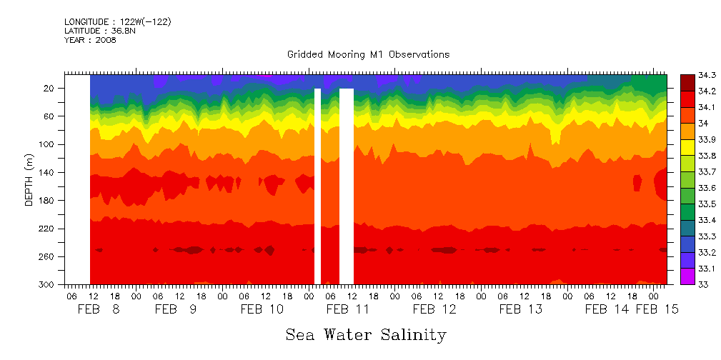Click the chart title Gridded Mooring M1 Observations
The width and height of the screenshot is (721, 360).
click(x=368, y=54)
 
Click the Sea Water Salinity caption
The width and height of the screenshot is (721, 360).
click(x=366, y=334)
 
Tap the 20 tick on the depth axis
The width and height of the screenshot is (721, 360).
click(x=50, y=89)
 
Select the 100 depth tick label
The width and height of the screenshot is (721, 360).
click(x=48, y=144)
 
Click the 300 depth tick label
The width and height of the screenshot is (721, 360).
click(x=48, y=284)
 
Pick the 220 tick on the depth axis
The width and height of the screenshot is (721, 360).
click(x=48, y=229)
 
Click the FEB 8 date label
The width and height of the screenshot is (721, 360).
click(x=99, y=309)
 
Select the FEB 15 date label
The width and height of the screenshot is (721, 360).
click(x=657, y=309)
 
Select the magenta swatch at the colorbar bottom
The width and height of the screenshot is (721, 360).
click(x=687, y=276)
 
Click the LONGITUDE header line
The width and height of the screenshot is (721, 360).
click(x=117, y=22)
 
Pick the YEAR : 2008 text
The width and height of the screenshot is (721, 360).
click(x=90, y=40)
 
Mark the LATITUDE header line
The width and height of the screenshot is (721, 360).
click(x=99, y=31)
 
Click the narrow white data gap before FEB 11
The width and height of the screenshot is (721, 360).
click(x=317, y=186)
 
